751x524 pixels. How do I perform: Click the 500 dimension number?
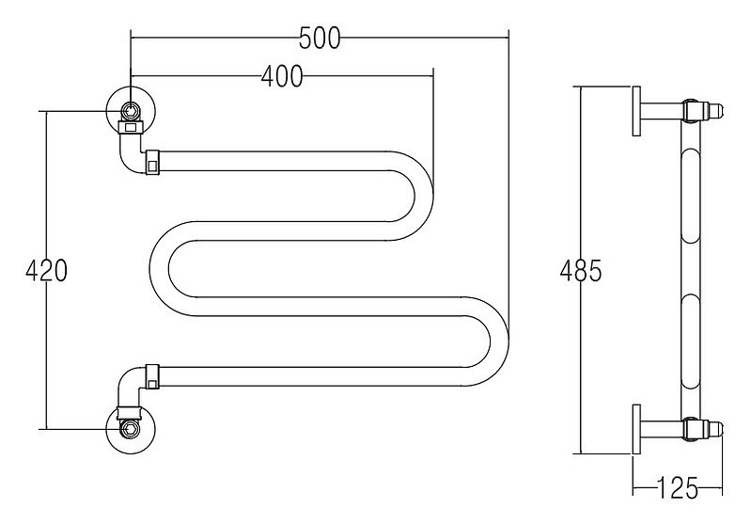pyautogui.click(x=320, y=39)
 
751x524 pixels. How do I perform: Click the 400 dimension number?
pyautogui.click(x=282, y=76)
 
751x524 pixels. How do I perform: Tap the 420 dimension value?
pyautogui.click(x=46, y=271)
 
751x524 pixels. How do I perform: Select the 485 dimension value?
pyautogui.click(x=581, y=271)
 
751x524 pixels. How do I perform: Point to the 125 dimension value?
pyautogui.click(x=677, y=488)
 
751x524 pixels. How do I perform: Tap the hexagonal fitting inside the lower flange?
pyautogui.click(x=130, y=428)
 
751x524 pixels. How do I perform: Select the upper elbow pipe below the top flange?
pyautogui.click(x=131, y=154)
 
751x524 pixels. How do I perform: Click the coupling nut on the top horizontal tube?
pyautogui.click(x=153, y=163)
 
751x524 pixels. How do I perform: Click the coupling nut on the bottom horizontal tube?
pyautogui.click(x=153, y=377)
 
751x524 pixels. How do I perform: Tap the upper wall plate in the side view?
pyautogui.click(x=636, y=111)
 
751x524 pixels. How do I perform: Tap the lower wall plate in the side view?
pyautogui.click(x=636, y=429)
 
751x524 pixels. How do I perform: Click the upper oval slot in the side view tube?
pyautogui.click(x=690, y=197)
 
